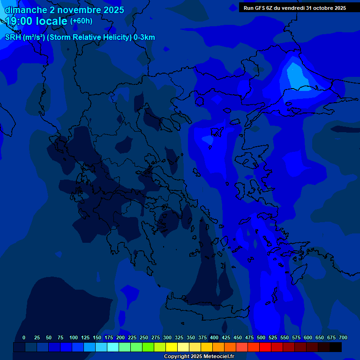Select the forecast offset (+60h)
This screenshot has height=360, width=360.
click(x=81, y=21)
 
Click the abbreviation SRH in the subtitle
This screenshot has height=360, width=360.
click(x=14, y=37)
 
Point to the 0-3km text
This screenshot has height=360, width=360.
click(x=144, y=37)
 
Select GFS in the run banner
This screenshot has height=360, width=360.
click(x=259, y=8)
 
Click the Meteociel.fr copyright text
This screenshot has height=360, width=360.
click(x=199, y=356)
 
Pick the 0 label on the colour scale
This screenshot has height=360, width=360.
click(x=24, y=338)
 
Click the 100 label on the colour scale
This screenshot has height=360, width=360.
click(x=74, y=338)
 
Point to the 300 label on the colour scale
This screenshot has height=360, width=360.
click(x=167, y=338)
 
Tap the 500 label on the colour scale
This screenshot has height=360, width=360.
click(x=261, y=338)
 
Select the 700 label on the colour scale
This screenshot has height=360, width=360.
click(x=343, y=338)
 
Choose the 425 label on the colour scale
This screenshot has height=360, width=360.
click(x=226, y=338)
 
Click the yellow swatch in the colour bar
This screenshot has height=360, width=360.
click(x=172, y=347)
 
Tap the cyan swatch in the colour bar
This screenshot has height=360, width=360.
click(x=113, y=347)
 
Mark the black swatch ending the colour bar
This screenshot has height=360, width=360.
click(x=336, y=347)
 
